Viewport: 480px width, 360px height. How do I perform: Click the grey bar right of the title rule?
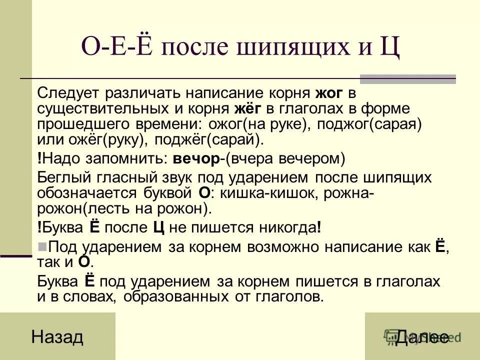(408, 79)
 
